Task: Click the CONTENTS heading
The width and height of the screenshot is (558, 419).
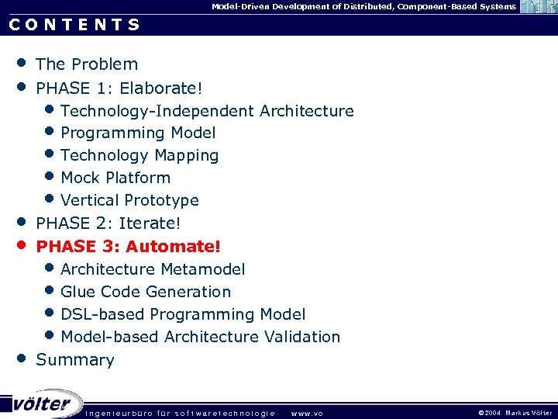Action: [74, 24]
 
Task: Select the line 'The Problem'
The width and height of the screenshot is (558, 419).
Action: [87, 64]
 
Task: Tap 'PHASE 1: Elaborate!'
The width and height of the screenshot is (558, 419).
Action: [119, 88]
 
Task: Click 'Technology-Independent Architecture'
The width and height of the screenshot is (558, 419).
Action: [207, 111]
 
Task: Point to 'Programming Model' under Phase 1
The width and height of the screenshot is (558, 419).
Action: [138, 133]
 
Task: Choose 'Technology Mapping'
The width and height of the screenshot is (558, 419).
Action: [139, 156]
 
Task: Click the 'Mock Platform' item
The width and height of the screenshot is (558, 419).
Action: [115, 178]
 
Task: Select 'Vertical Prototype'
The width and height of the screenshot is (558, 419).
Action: [129, 200]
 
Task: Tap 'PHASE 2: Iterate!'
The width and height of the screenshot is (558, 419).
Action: [108, 223]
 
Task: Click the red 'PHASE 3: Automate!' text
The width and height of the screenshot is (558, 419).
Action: [129, 247]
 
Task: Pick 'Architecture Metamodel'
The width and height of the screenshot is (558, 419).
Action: [153, 269]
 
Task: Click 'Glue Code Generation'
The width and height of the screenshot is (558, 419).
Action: [146, 292]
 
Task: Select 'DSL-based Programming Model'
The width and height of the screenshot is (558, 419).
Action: [183, 314]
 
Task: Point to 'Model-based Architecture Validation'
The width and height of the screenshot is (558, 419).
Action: [200, 337]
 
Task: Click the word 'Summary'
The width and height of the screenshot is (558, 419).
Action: [75, 360]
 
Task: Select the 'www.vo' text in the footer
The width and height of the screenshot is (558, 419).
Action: [307, 413]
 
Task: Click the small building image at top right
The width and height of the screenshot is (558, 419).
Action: [538, 7]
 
